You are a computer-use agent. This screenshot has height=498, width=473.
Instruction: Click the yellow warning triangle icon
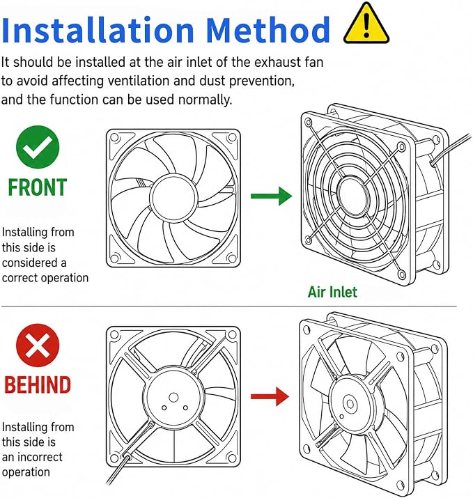(x=366, y=24)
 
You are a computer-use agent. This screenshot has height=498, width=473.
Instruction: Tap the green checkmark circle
(x=38, y=147)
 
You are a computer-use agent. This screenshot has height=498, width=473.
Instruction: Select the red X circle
(x=38, y=345)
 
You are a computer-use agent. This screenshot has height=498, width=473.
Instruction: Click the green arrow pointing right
(x=271, y=196)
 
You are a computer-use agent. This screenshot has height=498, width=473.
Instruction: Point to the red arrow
(x=270, y=396)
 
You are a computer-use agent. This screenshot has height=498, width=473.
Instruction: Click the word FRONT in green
(x=38, y=187)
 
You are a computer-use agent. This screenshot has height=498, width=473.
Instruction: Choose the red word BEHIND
(x=38, y=385)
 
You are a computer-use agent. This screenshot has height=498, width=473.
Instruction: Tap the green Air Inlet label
(x=332, y=292)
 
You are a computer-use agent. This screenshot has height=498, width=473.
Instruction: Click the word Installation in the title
(x=98, y=30)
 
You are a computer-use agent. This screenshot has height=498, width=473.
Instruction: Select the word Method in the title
(x=268, y=30)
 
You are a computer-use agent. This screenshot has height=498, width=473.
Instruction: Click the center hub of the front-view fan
(x=173, y=198)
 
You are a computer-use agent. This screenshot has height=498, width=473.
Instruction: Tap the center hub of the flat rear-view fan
(x=173, y=397)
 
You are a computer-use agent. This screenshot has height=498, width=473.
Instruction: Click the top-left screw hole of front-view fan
(x=114, y=137)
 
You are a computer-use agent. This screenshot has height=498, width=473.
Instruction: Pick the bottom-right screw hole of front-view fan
(x=232, y=258)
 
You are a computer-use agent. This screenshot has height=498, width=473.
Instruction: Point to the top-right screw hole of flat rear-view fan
(x=232, y=334)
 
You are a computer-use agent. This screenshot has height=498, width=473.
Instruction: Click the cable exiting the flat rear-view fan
(x=118, y=470)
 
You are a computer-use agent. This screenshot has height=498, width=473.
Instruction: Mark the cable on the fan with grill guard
(x=451, y=149)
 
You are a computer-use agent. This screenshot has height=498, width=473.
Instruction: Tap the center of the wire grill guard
(x=352, y=194)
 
